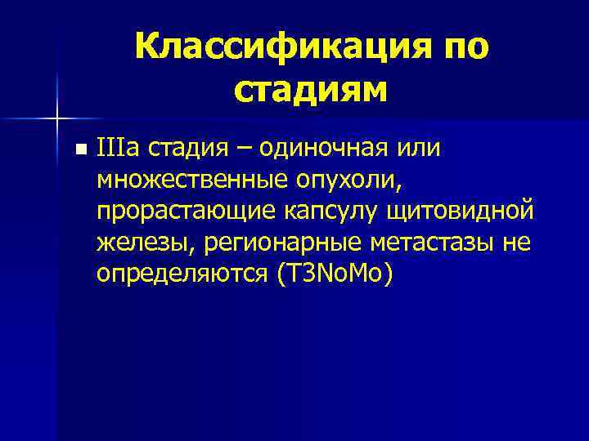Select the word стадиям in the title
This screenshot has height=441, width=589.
pos(310,90)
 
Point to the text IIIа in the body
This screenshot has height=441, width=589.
pos(117,149)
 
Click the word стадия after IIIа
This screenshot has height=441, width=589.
pos(192,149)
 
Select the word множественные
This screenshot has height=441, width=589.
pos(196,180)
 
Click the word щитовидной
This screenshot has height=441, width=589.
pos(466,212)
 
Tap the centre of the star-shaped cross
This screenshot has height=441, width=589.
pos(57,119)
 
